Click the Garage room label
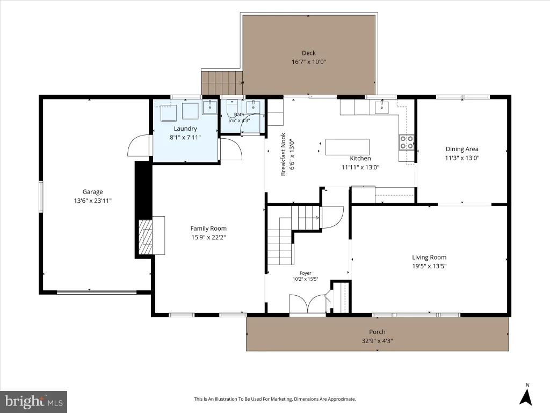point(92,192)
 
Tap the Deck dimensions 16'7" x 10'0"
point(309,62)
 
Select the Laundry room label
point(185,129)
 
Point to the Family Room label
point(208,228)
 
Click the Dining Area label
point(462,149)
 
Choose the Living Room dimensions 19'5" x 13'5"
point(429,266)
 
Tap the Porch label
point(377,332)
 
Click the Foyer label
point(306,273)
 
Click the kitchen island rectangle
point(348,147)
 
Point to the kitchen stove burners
point(407,141)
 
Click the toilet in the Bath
point(232,108)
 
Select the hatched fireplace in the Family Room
point(146,237)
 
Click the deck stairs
point(222,82)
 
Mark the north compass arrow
point(526,397)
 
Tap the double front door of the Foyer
point(308,303)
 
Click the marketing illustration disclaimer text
point(275,399)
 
